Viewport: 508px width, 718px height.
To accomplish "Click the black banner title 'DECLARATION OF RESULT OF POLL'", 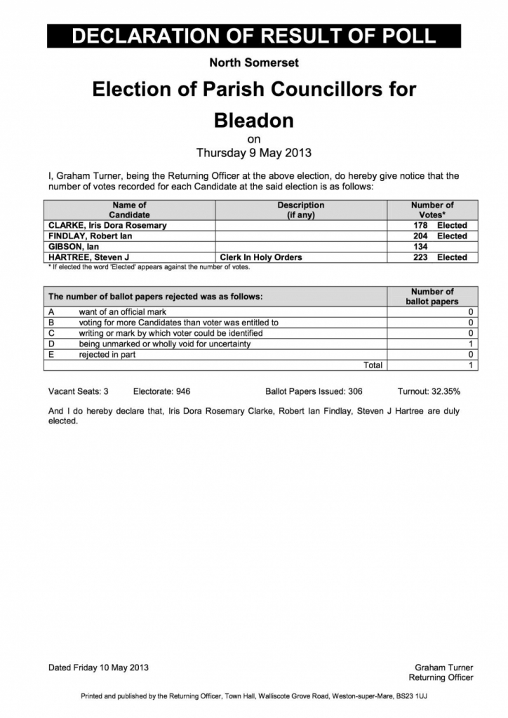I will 254,36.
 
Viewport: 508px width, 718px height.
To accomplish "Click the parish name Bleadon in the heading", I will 253,121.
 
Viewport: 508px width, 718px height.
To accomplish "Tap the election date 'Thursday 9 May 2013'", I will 253,152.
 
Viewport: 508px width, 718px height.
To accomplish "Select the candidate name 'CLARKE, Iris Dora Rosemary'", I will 107,226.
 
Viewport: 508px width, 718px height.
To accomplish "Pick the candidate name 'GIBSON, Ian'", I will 73,247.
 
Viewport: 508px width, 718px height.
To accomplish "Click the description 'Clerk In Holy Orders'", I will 261,257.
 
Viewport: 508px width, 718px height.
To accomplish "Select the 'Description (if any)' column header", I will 300,210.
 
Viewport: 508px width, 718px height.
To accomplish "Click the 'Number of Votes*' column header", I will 432,210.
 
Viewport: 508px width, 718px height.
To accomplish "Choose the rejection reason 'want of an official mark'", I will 123,312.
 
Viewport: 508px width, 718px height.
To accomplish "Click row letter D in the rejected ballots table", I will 51,344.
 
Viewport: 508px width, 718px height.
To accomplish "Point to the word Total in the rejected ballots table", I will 373,365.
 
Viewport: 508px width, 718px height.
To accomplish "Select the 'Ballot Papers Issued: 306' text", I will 314,391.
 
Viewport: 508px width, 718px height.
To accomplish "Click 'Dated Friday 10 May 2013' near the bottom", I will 98,668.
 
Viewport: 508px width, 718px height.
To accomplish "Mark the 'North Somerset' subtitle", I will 253,63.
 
